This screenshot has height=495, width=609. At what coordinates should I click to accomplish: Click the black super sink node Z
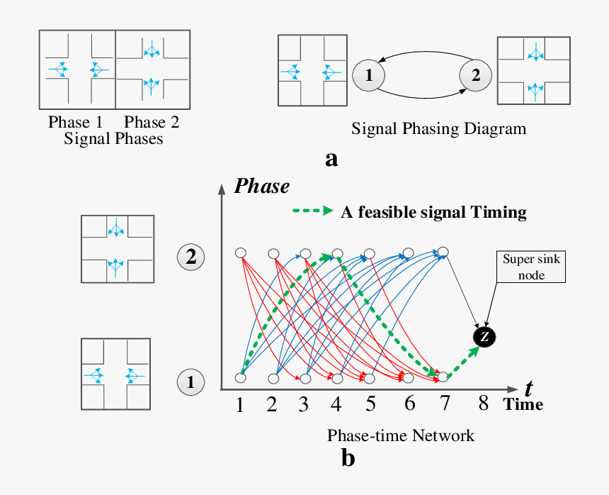tap(484, 337)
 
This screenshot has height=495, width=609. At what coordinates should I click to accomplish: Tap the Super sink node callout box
tap(531, 267)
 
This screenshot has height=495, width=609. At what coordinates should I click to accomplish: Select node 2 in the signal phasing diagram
tap(475, 74)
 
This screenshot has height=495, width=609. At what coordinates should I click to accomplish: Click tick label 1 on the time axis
tap(240, 406)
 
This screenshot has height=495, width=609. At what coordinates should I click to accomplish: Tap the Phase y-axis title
tap(262, 187)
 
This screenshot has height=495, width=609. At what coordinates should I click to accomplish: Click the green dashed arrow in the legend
tap(312, 211)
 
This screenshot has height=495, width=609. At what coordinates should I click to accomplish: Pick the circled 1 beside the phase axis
tap(190, 382)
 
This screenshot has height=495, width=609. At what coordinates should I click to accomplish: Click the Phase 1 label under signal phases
tap(75, 122)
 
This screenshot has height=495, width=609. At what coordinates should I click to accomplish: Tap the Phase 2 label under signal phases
tap(152, 122)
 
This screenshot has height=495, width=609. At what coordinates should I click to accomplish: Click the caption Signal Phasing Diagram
tap(439, 129)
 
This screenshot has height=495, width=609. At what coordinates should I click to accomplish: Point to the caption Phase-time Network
tap(401, 435)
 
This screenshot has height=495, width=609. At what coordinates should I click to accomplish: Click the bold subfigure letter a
tap(331, 158)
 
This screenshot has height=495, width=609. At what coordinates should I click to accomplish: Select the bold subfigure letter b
tap(348, 459)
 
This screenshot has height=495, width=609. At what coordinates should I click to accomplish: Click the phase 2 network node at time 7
tap(443, 251)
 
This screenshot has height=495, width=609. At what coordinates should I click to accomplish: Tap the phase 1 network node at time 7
tap(443, 377)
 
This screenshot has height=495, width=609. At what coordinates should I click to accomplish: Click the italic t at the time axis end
tap(528, 388)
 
